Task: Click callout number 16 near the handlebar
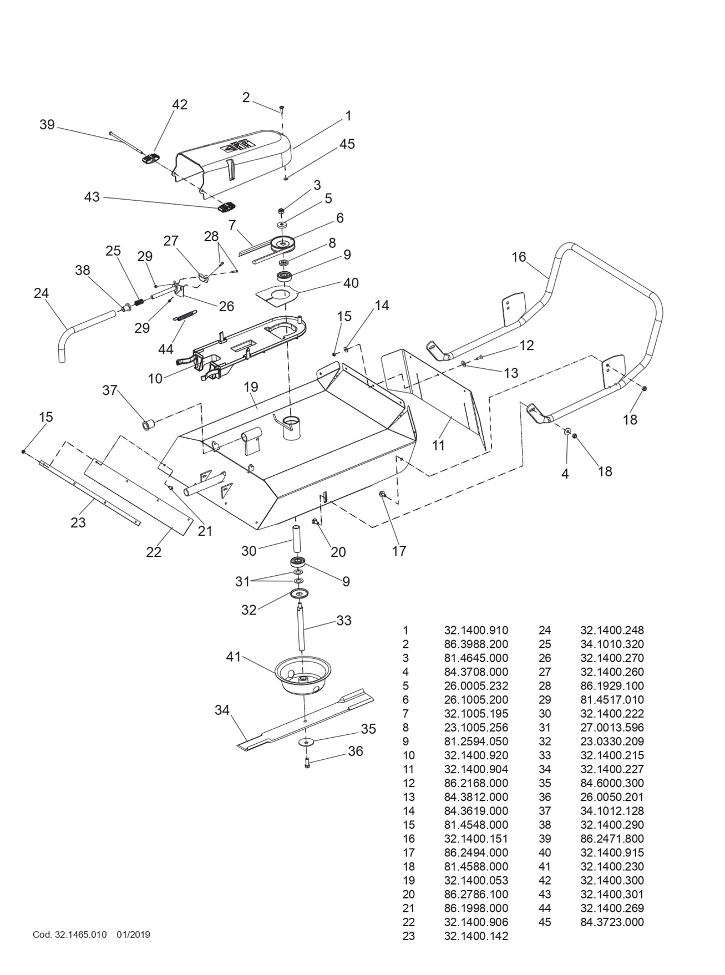tap(519, 257)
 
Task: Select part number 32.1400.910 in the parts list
tap(476, 630)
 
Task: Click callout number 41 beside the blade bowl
tap(234, 657)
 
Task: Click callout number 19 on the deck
tap(251, 387)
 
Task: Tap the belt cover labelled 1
tap(233, 158)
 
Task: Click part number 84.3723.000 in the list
tap(612, 922)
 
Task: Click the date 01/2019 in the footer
tap(133, 935)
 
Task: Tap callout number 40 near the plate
tap(351, 283)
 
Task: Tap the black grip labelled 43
tap(225, 207)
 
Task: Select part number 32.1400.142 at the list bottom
tap(476, 936)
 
